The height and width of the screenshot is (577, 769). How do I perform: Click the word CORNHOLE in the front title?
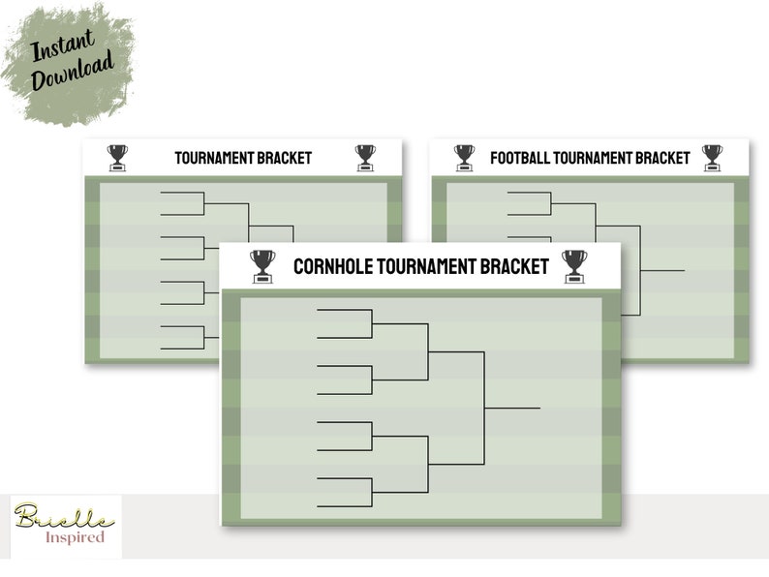338,265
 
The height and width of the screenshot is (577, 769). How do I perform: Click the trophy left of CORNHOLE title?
262,266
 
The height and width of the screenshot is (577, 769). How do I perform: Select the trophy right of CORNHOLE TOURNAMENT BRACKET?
574,266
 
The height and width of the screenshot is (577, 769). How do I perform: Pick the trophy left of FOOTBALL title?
464,157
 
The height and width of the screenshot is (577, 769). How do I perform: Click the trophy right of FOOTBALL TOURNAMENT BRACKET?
712,157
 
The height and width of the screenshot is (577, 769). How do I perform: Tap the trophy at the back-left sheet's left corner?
117,157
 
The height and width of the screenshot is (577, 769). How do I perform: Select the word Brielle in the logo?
57,517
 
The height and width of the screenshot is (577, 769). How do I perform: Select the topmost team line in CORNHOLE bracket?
344,310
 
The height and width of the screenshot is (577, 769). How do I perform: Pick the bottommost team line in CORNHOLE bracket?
344,506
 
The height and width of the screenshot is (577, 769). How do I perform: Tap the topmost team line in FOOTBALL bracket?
529,193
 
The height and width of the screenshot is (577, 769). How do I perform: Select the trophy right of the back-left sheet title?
365,157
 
